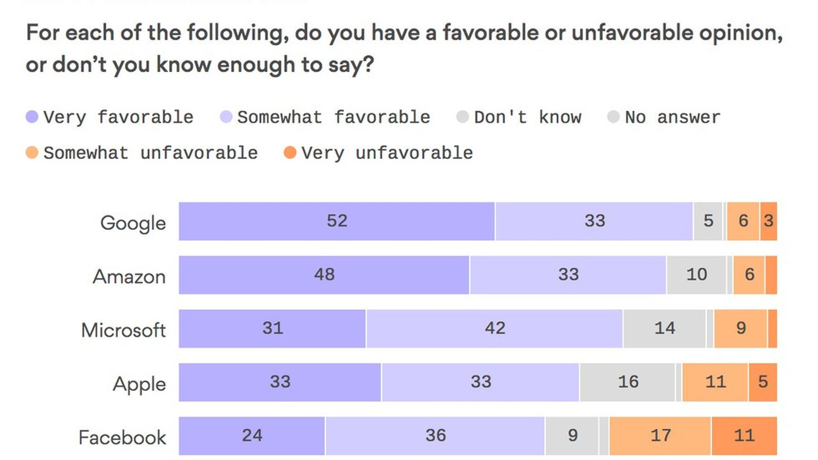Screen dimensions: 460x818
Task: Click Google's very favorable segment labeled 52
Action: pos(337,221)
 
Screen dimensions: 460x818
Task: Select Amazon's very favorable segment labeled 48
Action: pos(324,275)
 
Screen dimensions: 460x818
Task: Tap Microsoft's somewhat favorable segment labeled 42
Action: pos(494,328)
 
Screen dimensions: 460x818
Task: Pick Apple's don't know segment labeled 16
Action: pos(628,382)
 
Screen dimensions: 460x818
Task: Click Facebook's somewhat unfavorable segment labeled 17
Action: pos(660,436)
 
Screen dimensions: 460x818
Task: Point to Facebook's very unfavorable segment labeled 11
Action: pos(744,436)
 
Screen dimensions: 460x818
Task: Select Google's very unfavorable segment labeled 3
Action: pos(769,221)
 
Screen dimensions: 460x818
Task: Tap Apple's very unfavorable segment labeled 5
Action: pos(763,382)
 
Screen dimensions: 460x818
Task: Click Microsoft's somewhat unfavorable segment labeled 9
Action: pos(740,328)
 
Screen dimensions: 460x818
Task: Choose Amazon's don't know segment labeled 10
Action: pos(696,275)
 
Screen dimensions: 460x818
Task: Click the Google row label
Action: pos(133,223)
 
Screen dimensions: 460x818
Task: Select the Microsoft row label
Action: pos(123,330)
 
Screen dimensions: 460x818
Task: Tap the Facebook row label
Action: pos(122,437)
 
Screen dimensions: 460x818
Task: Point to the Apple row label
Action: pos(139,384)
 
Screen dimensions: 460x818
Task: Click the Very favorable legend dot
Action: pos(32,117)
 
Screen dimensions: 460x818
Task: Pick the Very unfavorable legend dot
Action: pos(290,152)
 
